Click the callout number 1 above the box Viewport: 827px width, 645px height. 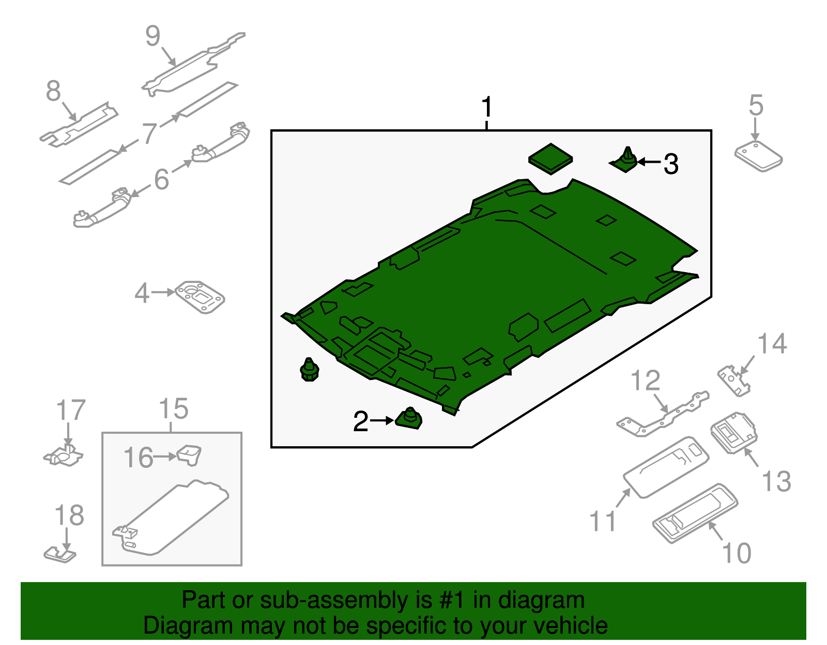coord(486,107)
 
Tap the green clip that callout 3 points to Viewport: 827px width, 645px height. coord(626,161)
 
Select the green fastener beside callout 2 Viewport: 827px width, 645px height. coord(409,418)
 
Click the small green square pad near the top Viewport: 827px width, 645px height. coord(550,159)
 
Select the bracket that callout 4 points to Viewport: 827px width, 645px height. coord(200,297)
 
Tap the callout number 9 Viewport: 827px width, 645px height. coord(153,36)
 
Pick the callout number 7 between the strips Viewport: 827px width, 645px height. coord(149,133)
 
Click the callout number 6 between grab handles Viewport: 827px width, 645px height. coord(162,179)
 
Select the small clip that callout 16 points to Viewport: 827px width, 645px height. coord(189,454)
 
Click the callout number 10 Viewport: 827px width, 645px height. coord(737,553)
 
